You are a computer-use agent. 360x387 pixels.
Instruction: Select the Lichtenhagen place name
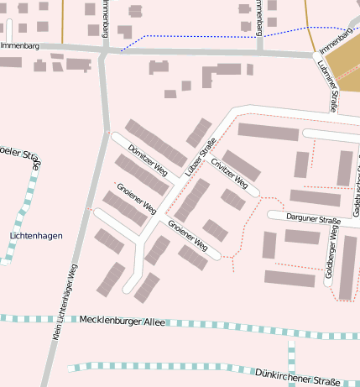(36, 236)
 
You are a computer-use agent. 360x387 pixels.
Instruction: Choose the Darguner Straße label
(312, 220)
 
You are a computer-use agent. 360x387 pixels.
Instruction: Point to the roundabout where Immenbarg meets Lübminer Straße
(317, 55)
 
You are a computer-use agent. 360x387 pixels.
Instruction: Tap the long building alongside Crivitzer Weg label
(241, 165)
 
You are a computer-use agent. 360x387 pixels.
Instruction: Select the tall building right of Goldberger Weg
(347, 268)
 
